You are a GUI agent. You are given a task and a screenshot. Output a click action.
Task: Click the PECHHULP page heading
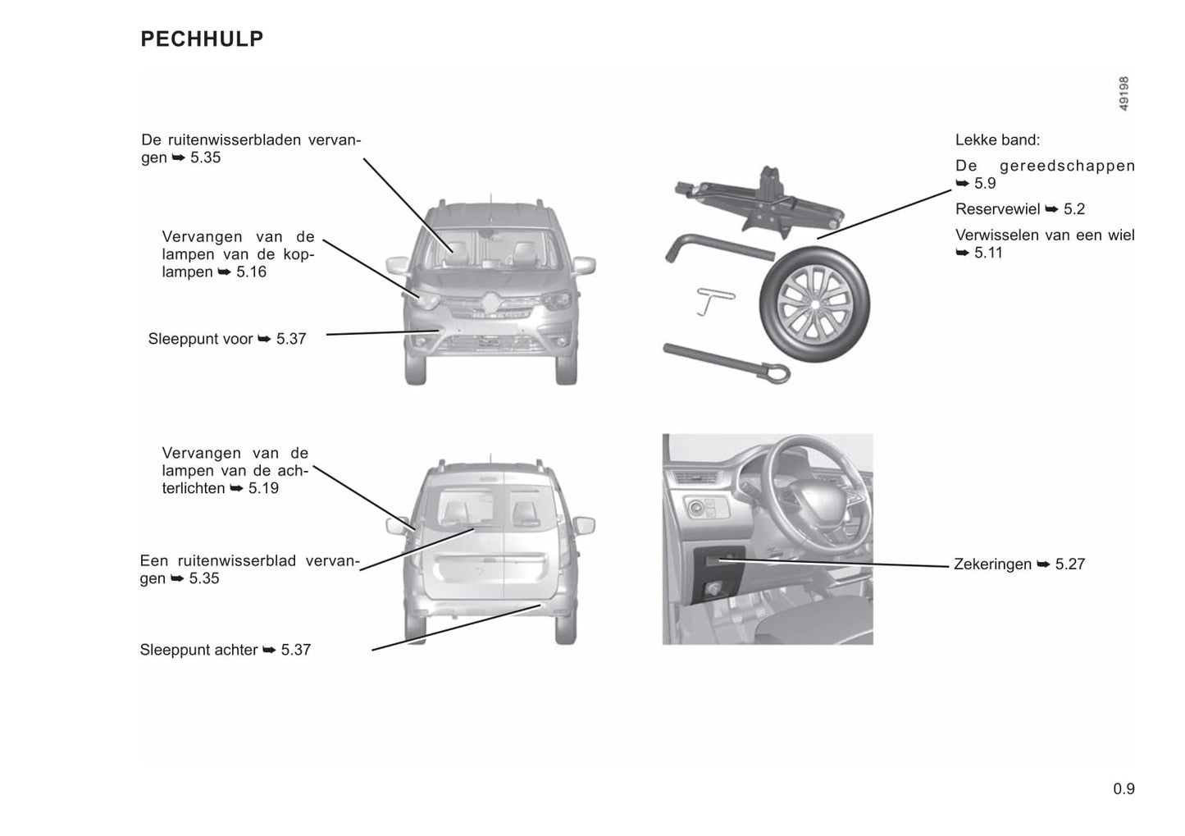[x=202, y=39]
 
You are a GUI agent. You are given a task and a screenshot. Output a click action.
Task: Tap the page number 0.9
[x=1123, y=789]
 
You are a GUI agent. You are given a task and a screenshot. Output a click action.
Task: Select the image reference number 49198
[x=1123, y=94]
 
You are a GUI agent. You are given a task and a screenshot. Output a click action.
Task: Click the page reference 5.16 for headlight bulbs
[x=251, y=272]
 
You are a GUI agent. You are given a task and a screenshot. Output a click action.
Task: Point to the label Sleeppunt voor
[x=200, y=339]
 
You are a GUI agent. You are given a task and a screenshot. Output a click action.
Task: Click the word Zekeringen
[x=992, y=564]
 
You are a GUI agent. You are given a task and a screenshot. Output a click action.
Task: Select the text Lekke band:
[x=997, y=140]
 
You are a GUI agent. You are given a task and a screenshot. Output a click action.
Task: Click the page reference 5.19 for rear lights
[x=263, y=489]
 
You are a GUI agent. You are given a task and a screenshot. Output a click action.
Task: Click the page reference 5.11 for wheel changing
[x=988, y=253]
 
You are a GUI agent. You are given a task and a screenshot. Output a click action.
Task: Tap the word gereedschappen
[x=1067, y=166]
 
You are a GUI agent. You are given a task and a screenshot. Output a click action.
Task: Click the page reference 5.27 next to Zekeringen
[x=1070, y=564]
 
